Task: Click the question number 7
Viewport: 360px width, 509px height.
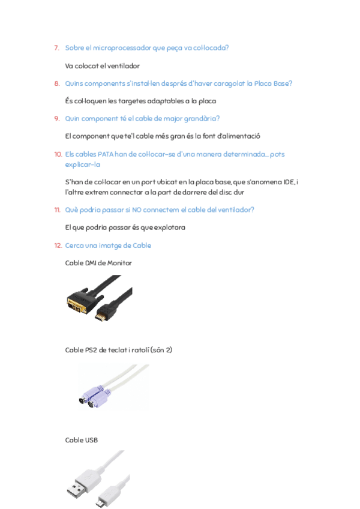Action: pyautogui.click(x=56, y=47)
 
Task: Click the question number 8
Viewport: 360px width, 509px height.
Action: pyautogui.click(x=56, y=83)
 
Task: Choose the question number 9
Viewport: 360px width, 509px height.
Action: pyautogui.click(x=56, y=118)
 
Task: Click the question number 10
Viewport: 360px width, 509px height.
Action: pyautogui.click(x=58, y=154)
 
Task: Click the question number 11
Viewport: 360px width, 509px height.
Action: pyautogui.click(x=57, y=209)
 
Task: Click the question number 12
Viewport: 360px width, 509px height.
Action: pyautogui.click(x=58, y=245)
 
